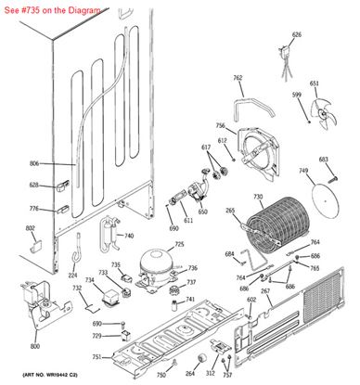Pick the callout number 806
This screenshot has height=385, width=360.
point(34,164)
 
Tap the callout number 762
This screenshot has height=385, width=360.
point(238,78)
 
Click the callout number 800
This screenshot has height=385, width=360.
point(35,346)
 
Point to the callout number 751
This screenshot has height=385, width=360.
point(96,356)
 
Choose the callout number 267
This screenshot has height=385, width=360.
point(265,291)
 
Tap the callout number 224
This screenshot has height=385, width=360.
point(72,276)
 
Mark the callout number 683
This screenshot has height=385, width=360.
point(324,160)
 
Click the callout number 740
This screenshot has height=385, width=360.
point(129,236)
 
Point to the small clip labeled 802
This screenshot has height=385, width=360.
point(33,244)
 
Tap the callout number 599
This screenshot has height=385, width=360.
point(297,95)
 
